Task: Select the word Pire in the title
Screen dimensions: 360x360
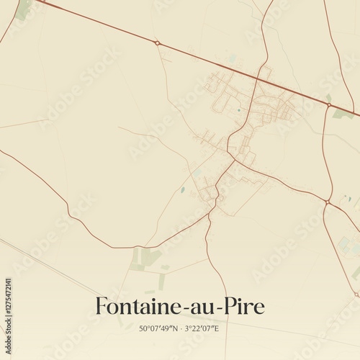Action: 244,306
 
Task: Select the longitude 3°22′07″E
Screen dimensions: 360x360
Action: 201,329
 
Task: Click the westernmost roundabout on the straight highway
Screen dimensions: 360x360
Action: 157,43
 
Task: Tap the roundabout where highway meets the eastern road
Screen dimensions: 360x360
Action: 329,104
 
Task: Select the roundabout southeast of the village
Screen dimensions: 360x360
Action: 327,202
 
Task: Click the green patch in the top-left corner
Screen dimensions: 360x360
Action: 24,9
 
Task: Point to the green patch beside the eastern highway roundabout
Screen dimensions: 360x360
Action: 343,113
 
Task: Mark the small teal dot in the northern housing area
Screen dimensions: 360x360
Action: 238,109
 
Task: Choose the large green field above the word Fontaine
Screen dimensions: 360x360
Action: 148,258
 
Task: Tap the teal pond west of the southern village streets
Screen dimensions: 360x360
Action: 183,189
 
